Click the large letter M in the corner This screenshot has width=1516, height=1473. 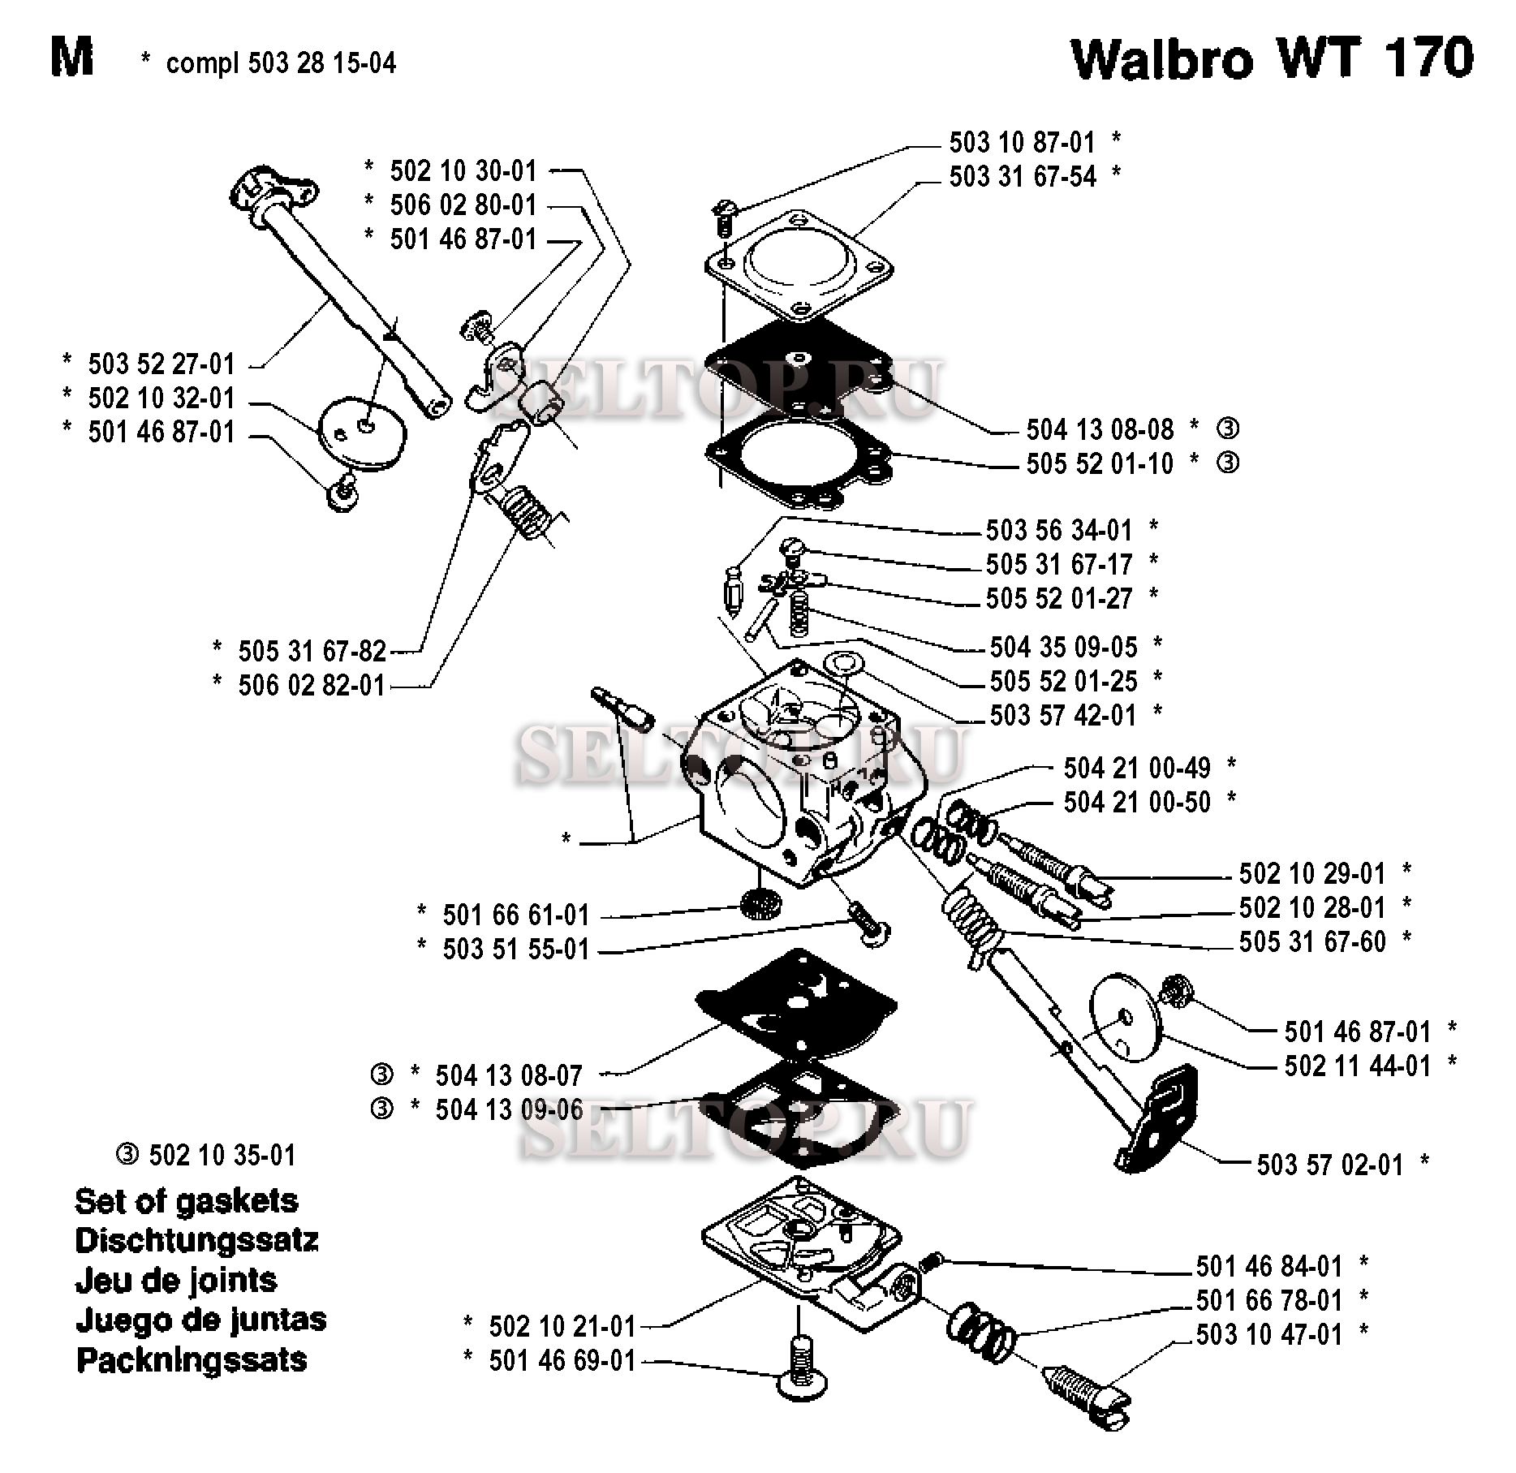coord(71,58)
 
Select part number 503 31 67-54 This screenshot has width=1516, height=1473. coord(1023,176)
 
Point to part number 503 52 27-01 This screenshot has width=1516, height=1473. coord(161,364)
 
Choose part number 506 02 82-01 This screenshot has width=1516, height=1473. coord(312,685)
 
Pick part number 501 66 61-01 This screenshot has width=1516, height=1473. coord(515,915)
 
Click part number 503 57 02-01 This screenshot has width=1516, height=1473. coord(1329,1165)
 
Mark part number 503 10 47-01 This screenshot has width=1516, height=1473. coord(1269,1334)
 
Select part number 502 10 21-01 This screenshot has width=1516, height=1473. coord(562,1326)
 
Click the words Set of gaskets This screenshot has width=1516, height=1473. coord(186,1200)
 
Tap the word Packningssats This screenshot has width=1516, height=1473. coord(192,1359)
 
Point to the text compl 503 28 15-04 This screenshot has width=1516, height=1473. coord(281,62)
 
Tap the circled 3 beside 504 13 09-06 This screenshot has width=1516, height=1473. coord(381,1109)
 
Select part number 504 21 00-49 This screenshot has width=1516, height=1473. coord(1136,768)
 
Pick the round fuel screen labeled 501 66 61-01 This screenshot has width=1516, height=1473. coord(760,902)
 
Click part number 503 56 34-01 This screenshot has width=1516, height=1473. coord(1058,530)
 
